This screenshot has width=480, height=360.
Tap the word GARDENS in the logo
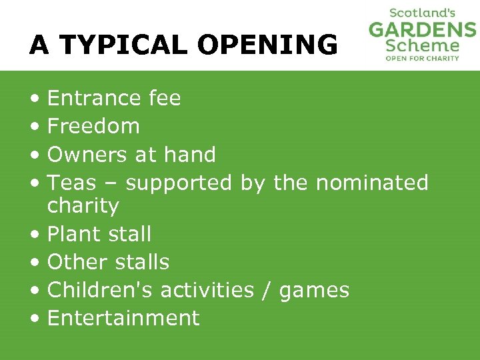423,30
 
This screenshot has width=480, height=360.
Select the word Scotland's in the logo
423,13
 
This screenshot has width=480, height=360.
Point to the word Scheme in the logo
423,46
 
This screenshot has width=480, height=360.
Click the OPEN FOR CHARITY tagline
423,59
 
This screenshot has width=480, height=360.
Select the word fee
165,99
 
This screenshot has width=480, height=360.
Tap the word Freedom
93,126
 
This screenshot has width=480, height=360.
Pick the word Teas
72,183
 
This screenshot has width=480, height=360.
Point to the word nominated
372,183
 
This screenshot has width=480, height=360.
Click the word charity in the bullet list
83,206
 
